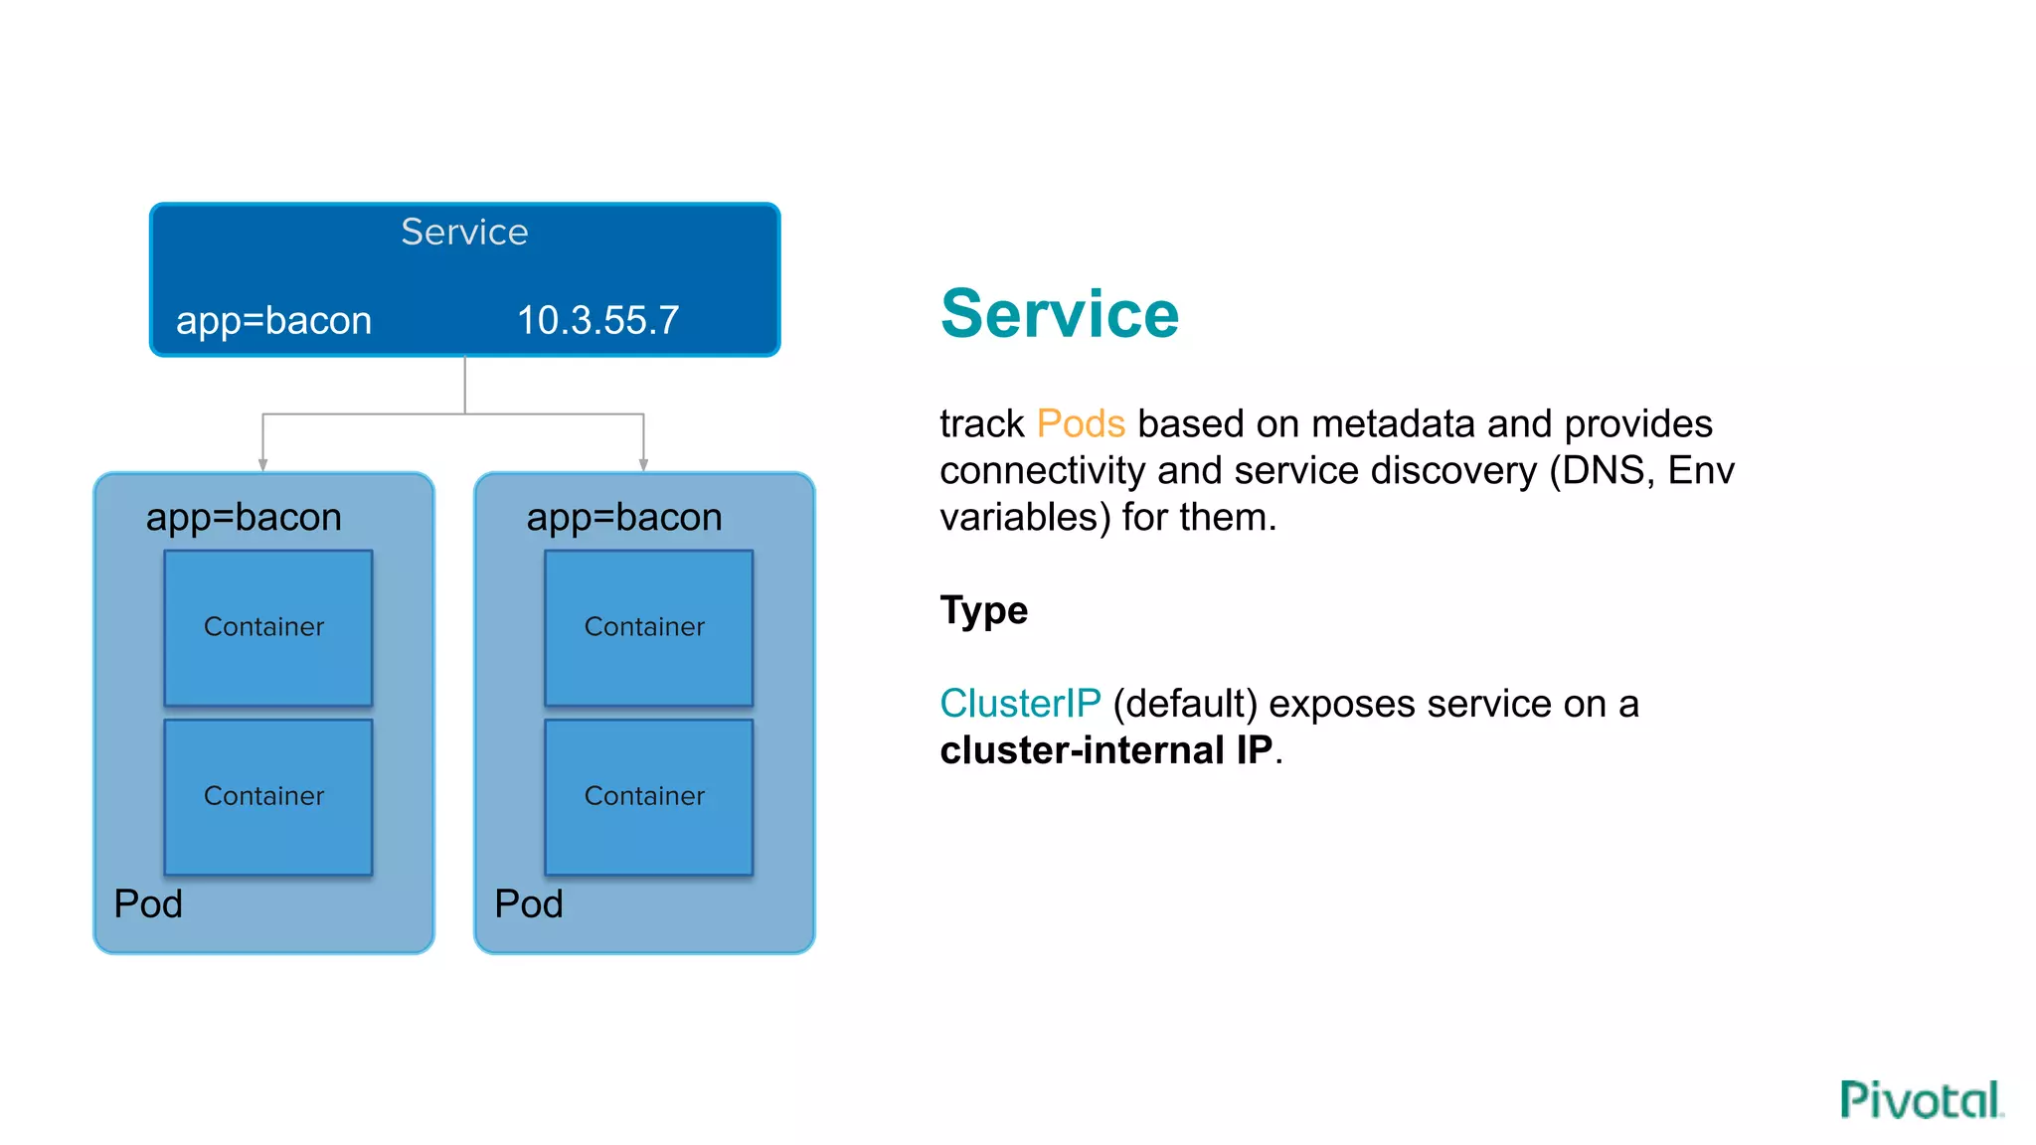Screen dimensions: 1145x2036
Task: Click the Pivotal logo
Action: tap(1920, 1099)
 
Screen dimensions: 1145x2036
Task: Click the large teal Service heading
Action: tap(1059, 314)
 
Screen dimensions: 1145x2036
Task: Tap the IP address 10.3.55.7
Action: tap(597, 320)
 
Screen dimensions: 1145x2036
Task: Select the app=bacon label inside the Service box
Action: tap(273, 320)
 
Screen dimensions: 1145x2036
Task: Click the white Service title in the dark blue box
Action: tap(464, 232)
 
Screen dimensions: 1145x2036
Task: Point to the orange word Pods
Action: tap(1080, 423)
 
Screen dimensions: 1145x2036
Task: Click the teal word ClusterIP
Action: tap(1020, 704)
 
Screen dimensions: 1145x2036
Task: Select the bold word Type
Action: tap(983, 609)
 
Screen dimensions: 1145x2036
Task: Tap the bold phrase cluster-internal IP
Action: tap(1105, 750)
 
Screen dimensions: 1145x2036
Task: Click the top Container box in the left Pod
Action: tap(267, 627)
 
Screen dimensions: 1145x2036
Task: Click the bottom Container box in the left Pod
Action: tap(267, 796)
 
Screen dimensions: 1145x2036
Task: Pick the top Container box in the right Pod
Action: tap(648, 627)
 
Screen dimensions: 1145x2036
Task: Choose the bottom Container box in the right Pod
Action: tap(648, 796)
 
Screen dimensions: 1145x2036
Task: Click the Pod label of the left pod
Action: tap(148, 903)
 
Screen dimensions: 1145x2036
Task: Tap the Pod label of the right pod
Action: tap(529, 903)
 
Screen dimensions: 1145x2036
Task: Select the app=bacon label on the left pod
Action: tap(244, 517)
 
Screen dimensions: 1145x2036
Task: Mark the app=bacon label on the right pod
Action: tap(624, 517)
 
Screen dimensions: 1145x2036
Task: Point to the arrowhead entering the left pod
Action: tap(262, 464)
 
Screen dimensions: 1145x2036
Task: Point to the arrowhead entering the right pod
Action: tap(643, 464)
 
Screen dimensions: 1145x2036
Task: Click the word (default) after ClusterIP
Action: tap(1185, 704)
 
